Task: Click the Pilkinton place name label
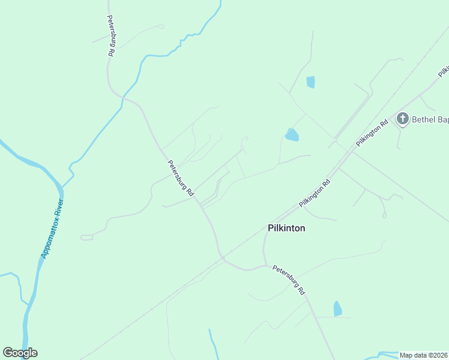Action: (x=286, y=228)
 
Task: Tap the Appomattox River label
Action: (x=52, y=229)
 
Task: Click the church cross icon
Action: (x=403, y=119)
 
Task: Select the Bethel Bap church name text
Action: (x=430, y=119)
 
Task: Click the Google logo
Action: (x=20, y=353)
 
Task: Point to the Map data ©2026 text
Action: (x=423, y=355)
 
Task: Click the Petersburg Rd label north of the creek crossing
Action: (x=111, y=36)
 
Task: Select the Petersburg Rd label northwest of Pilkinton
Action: (x=181, y=178)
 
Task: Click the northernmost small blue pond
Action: (x=310, y=82)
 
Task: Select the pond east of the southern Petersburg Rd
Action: (x=337, y=308)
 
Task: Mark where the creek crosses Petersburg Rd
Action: (x=123, y=97)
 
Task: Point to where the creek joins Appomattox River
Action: (x=62, y=185)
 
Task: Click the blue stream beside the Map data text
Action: (x=384, y=354)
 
